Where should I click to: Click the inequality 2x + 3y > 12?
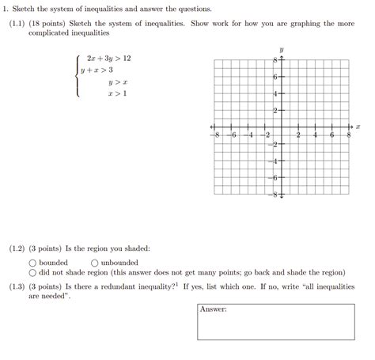(109, 59)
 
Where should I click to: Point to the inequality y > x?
(118, 82)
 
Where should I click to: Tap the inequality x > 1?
(118, 94)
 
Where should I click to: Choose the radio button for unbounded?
(95, 263)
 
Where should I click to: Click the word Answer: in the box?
(214, 309)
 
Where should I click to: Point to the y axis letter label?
(282, 50)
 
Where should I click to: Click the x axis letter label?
(358, 127)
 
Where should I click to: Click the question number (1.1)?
(17, 24)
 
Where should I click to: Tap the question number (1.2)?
(17, 248)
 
